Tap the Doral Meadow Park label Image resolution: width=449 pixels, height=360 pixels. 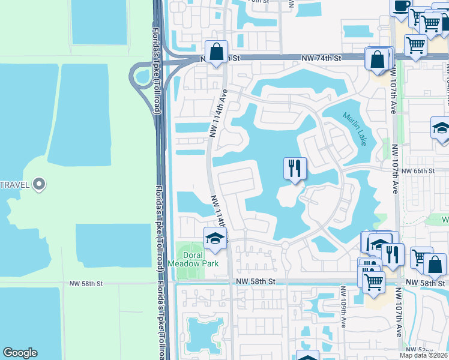pos(200,259)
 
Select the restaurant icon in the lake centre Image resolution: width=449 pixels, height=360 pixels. pos(295,169)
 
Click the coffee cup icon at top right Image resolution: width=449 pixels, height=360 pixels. pos(401,8)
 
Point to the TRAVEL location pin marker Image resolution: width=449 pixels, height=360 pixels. pos(40,184)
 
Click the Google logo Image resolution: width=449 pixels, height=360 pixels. pos(20,353)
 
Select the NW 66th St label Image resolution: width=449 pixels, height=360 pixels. pos(417,171)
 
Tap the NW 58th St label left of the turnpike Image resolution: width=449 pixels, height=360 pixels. pos(86,283)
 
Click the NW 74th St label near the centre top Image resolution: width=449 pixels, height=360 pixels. pos(321,58)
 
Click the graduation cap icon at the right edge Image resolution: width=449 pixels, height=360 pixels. pos(441,128)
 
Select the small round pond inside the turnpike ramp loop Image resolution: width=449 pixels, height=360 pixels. pos(143,76)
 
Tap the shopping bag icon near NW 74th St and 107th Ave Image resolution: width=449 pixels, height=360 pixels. pos(378,59)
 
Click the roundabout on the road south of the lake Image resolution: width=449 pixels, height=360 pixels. pos(285,245)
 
